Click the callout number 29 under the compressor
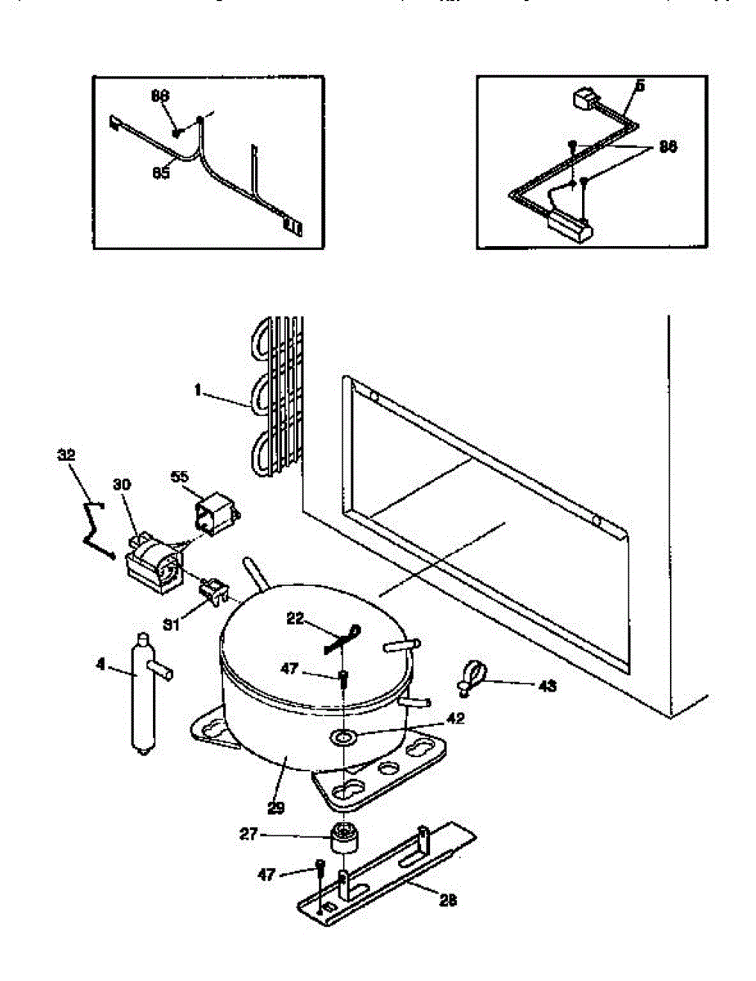point(275,809)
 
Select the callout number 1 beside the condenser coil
point(198,391)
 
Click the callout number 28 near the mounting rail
point(448,901)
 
